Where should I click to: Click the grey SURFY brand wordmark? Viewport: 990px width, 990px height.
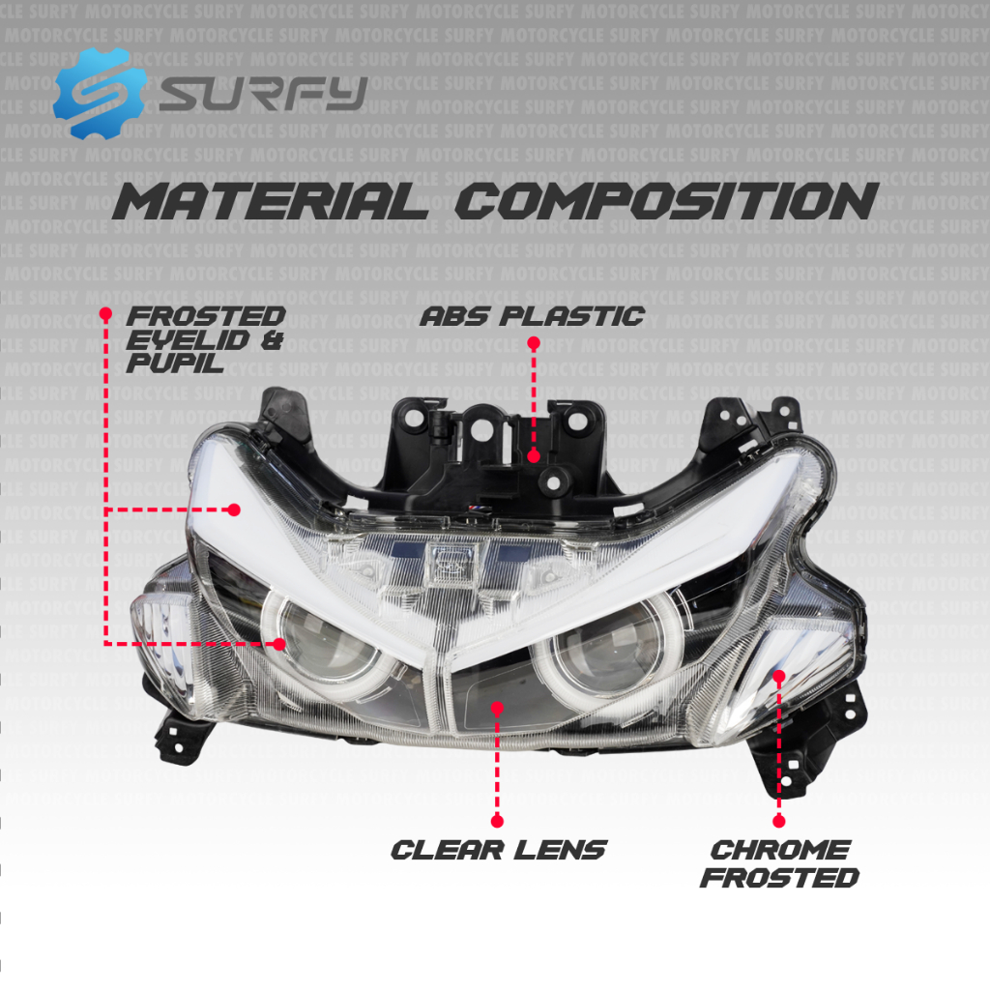pyautogui.click(x=263, y=93)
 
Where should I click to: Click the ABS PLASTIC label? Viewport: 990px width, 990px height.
pyautogui.click(x=532, y=315)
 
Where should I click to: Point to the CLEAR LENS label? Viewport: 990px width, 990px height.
pyautogui.click(x=498, y=850)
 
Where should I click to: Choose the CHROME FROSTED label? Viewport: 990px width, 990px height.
pyautogui.click(x=779, y=863)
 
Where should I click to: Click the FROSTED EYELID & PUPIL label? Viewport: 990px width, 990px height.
pyautogui.click(x=205, y=339)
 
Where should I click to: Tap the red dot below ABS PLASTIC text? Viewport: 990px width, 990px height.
pyautogui.click(x=533, y=342)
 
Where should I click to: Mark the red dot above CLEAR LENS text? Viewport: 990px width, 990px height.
pyautogui.click(x=497, y=821)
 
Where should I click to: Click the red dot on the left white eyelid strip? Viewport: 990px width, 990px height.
pyautogui.click(x=234, y=509)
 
